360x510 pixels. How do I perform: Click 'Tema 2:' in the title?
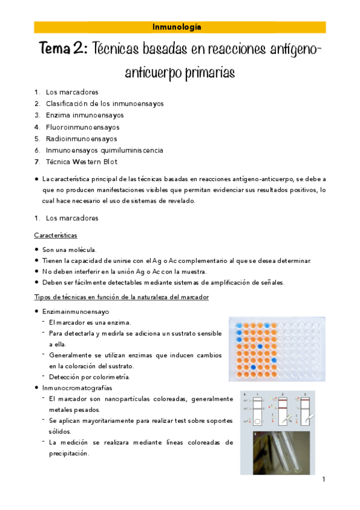pyautogui.click(x=63, y=49)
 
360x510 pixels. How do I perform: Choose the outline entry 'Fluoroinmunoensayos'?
pyautogui.click(x=82, y=127)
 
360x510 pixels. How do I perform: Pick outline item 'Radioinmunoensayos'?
pyautogui.click(x=81, y=138)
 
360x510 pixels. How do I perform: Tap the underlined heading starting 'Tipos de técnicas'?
pyautogui.click(x=121, y=298)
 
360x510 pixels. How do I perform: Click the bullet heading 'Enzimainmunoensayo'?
pyautogui.click(x=76, y=312)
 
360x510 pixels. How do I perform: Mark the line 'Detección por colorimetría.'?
pyautogui.click(x=97, y=376)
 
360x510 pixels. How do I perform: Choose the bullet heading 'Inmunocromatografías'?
pyautogui.click(x=78, y=388)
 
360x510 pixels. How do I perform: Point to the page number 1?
pyautogui.click(x=323, y=479)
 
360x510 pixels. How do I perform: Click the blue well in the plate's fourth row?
pyautogui.click(x=260, y=346)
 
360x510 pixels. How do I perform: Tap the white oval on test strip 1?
pyautogui.click(x=259, y=421)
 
